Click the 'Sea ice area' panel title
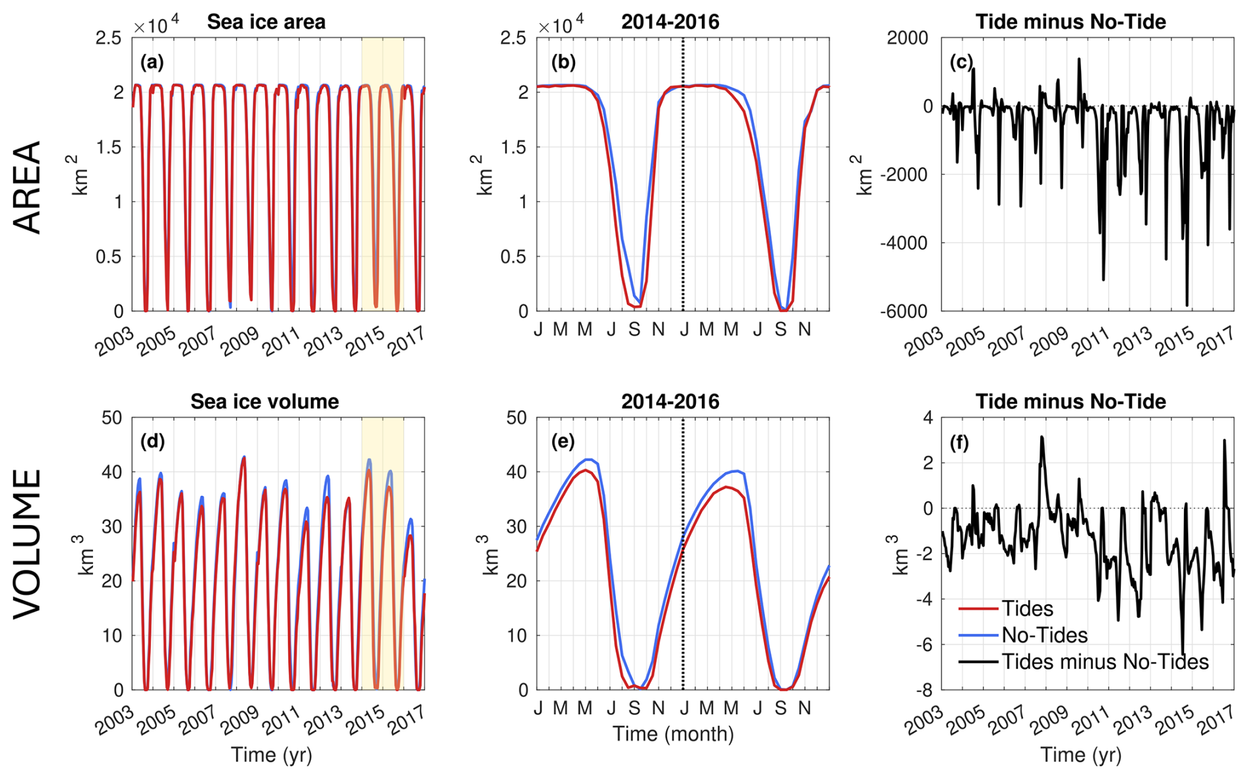point(266,22)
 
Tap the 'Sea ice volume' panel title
point(265,402)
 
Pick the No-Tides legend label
point(1044,635)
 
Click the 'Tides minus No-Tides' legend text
point(1105,662)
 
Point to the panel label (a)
point(152,62)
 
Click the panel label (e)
point(563,441)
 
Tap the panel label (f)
point(959,443)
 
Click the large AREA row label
point(28,187)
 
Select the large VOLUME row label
point(28,544)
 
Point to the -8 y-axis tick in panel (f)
point(927,691)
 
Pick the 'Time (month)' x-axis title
point(673,733)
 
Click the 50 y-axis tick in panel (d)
point(112,418)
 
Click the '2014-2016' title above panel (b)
point(670,22)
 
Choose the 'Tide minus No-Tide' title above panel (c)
point(1071,22)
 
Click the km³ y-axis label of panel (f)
point(901,554)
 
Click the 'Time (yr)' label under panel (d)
point(271,755)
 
